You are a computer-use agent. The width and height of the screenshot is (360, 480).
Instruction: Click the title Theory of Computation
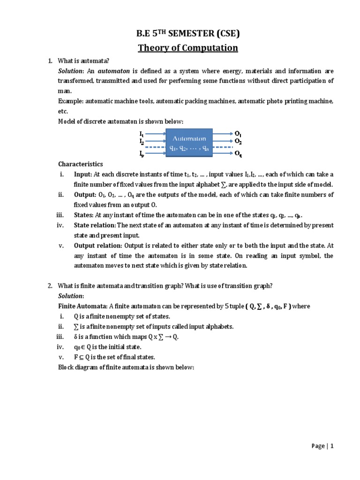(x=187, y=48)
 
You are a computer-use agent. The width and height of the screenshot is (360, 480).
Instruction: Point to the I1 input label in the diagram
(x=142, y=133)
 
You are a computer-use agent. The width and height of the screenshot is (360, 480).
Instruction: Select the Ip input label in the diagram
(x=142, y=153)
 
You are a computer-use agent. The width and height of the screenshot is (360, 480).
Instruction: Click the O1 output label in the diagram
(x=238, y=133)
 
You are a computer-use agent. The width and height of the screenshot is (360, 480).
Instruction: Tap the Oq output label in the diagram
(x=238, y=153)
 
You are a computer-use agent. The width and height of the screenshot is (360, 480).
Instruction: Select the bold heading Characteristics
(x=80, y=164)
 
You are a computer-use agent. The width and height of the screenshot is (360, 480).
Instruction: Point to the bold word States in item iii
(x=83, y=215)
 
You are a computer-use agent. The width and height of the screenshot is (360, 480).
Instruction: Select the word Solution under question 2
(x=70, y=296)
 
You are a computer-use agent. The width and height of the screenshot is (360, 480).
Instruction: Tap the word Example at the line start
(x=69, y=101)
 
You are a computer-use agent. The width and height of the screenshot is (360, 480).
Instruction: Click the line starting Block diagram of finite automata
(x=126, y=367)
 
